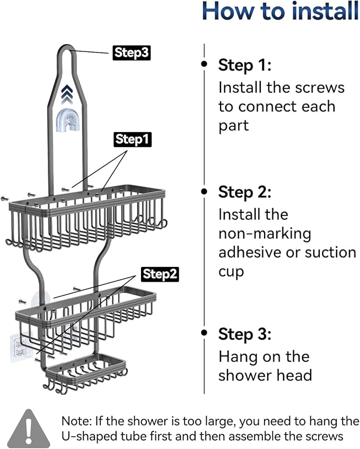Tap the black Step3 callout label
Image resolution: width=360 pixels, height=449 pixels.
click(x=130, y=53)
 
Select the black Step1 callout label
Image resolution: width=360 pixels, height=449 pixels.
click(x=133, y=140)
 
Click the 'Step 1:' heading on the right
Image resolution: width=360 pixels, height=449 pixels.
click(x=244, y=66)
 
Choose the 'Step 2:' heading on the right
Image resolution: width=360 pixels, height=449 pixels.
click(x=244, y=192)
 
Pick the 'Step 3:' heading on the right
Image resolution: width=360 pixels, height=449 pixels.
click(x=244, y=334)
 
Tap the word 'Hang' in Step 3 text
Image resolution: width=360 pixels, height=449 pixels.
click(x=238, y=356)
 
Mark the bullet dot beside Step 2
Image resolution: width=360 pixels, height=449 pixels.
click(x=204, y=190)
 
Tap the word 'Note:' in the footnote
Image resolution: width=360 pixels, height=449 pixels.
click(x=77, y=421)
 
